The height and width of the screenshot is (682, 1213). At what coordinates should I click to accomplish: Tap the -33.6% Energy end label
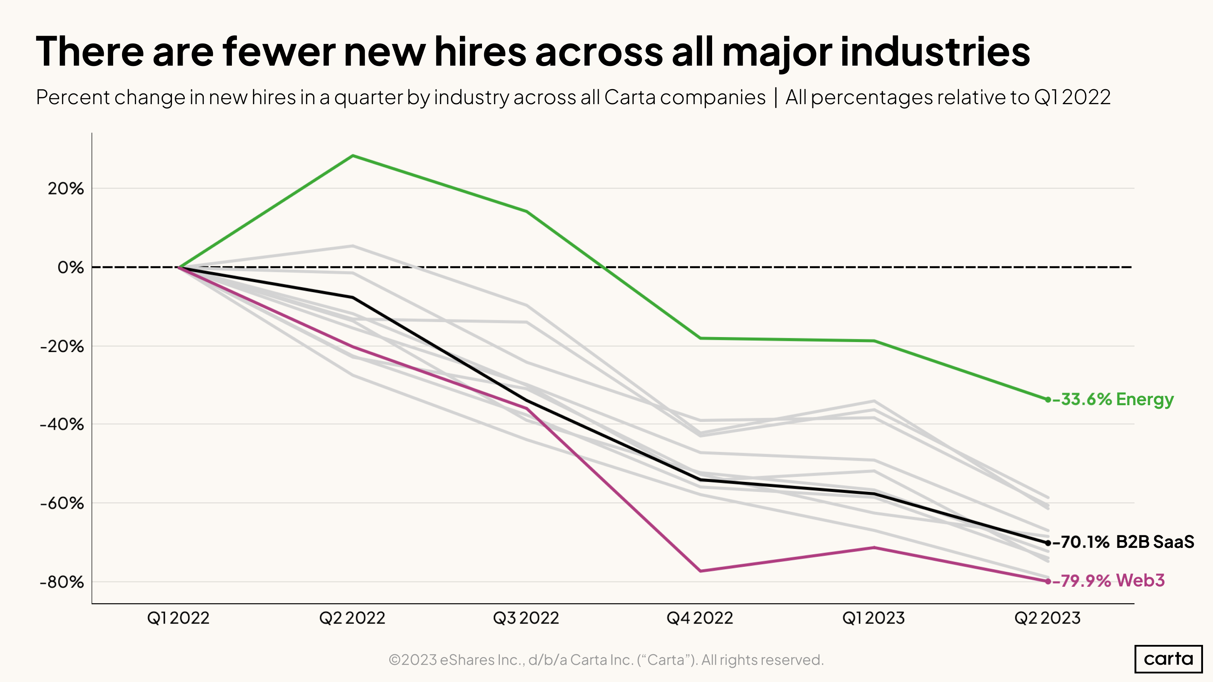click(x=1113, y=399)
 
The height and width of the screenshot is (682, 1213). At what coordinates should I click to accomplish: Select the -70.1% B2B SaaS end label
click(x=1123, y=542)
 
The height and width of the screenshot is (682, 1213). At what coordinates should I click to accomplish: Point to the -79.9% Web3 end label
click(x=1108, y=581)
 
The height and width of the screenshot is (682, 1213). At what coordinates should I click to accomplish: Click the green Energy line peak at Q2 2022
click(x=353, y=156)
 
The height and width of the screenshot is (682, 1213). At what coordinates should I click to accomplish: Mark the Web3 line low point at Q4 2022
click(x=700, y=571)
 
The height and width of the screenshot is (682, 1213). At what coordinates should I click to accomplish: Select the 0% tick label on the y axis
click(x=71, y=267)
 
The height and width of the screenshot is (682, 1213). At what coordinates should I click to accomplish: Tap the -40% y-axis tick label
click(x=62, y=424)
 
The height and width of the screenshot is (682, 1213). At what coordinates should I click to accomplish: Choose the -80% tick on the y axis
click(x=62, y=582)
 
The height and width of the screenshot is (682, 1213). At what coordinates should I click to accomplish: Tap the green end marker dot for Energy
click(x=1048, y=399)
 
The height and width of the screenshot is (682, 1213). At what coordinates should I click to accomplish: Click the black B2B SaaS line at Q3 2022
click(x=526, y=401)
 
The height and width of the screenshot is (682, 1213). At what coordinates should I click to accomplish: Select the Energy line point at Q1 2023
click(x=874, y=341)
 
